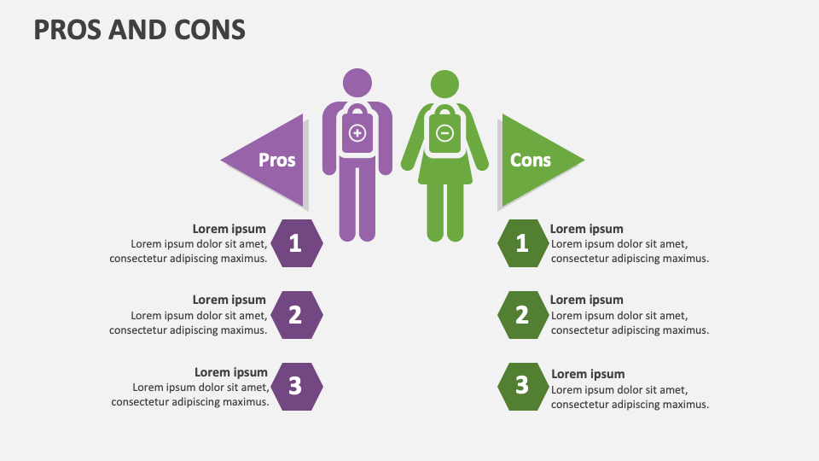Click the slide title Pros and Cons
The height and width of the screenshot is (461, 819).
[x=140, y=30]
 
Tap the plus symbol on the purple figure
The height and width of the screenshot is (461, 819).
[x=357, y=132]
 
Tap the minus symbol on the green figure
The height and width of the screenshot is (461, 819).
[x=444, y=132]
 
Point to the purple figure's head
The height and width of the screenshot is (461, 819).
[x=357, y=83]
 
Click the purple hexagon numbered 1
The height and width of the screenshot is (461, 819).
[x=296, y=243]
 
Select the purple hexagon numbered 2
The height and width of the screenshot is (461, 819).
[x=296, y=315]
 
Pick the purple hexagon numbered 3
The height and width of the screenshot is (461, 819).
[x=296, y=386]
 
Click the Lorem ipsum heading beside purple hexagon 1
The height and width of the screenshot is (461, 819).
[x=229, y=229]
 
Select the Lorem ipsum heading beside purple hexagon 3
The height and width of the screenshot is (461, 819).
[x=231, y=372]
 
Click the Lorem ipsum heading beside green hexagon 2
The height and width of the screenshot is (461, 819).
[x=587, y=300]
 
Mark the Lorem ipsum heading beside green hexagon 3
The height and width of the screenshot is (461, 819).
[x=588, y=374]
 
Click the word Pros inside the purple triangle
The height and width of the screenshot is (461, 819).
[x=277, y=160]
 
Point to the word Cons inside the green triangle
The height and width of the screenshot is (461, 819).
[x=531, y=160]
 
